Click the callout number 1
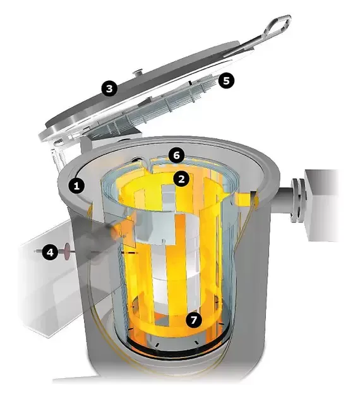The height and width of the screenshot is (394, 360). coord(76,186)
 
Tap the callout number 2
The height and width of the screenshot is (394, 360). coord(181,179)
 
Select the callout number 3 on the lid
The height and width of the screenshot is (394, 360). coord(109,88)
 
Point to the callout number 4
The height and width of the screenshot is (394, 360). coord(51,252)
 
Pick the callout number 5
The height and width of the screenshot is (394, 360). coord(226,81)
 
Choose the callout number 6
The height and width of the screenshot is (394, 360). coord(176,155)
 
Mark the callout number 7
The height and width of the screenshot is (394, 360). coord(193,320)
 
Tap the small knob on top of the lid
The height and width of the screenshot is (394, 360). coord(138,73)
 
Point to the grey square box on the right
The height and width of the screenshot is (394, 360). coord(321,205)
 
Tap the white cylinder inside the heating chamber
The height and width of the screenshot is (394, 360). coord(176,264)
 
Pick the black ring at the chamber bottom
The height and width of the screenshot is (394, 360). coord(176,348)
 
